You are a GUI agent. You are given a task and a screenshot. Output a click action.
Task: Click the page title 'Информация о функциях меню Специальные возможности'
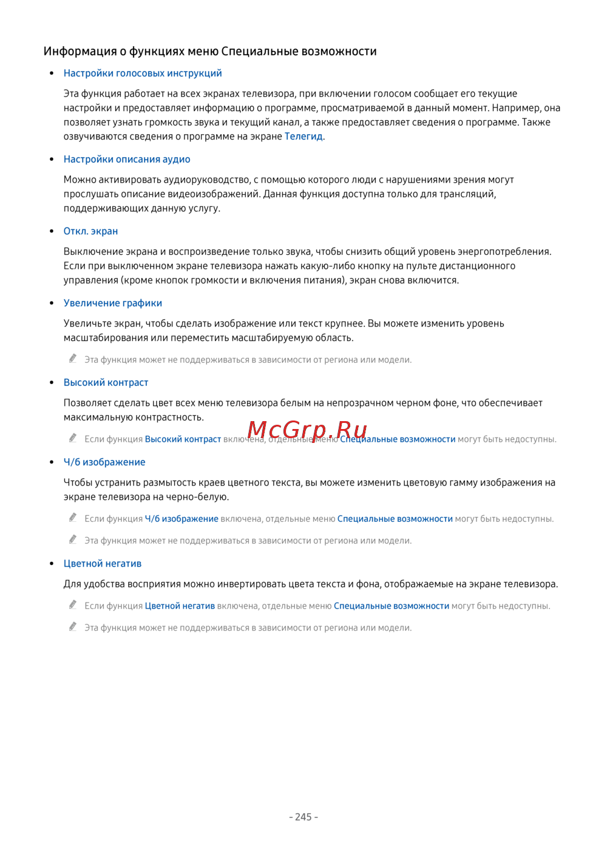[x=210, y=52]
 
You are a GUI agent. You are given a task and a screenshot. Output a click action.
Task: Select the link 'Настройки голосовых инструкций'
[x=143, y=73]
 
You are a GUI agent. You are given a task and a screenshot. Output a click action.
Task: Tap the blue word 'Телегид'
[x=303, y=137]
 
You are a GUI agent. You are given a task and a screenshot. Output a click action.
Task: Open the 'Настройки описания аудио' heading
[x=127, y=160]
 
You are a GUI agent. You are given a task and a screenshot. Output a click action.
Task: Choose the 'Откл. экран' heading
[x=90, y=231]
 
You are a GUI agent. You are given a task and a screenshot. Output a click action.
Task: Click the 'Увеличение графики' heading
[x=113, y=303]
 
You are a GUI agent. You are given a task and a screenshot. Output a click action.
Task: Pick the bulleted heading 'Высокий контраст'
[x=106, y=383]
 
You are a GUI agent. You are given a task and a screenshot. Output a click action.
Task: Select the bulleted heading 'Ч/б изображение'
[x=104, y=462]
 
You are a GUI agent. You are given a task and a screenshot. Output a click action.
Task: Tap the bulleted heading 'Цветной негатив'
[x=103, y=564]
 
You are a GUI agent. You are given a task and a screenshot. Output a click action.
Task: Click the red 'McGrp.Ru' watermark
[x=307, y=430]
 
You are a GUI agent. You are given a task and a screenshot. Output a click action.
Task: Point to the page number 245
[x=303, y=817]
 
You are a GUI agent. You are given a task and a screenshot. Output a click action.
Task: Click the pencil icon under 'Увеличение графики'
[x=73, y=359]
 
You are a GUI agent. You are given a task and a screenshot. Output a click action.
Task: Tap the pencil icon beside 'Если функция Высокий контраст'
[x=73, y=438]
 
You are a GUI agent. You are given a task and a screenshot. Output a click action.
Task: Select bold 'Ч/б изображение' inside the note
[x=181, y=519]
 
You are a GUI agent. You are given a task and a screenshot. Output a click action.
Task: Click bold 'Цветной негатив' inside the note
[x=180, y=606]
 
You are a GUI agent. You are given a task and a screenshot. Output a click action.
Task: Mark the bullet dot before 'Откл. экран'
[x=52, y=231]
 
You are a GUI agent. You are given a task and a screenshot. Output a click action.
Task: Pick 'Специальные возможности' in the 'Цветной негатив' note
[x=392, y=606]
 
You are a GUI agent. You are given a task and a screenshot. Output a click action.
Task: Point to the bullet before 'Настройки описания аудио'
[x=52, y=160]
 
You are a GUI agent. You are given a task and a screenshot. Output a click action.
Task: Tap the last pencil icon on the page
[x=73, y=627]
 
